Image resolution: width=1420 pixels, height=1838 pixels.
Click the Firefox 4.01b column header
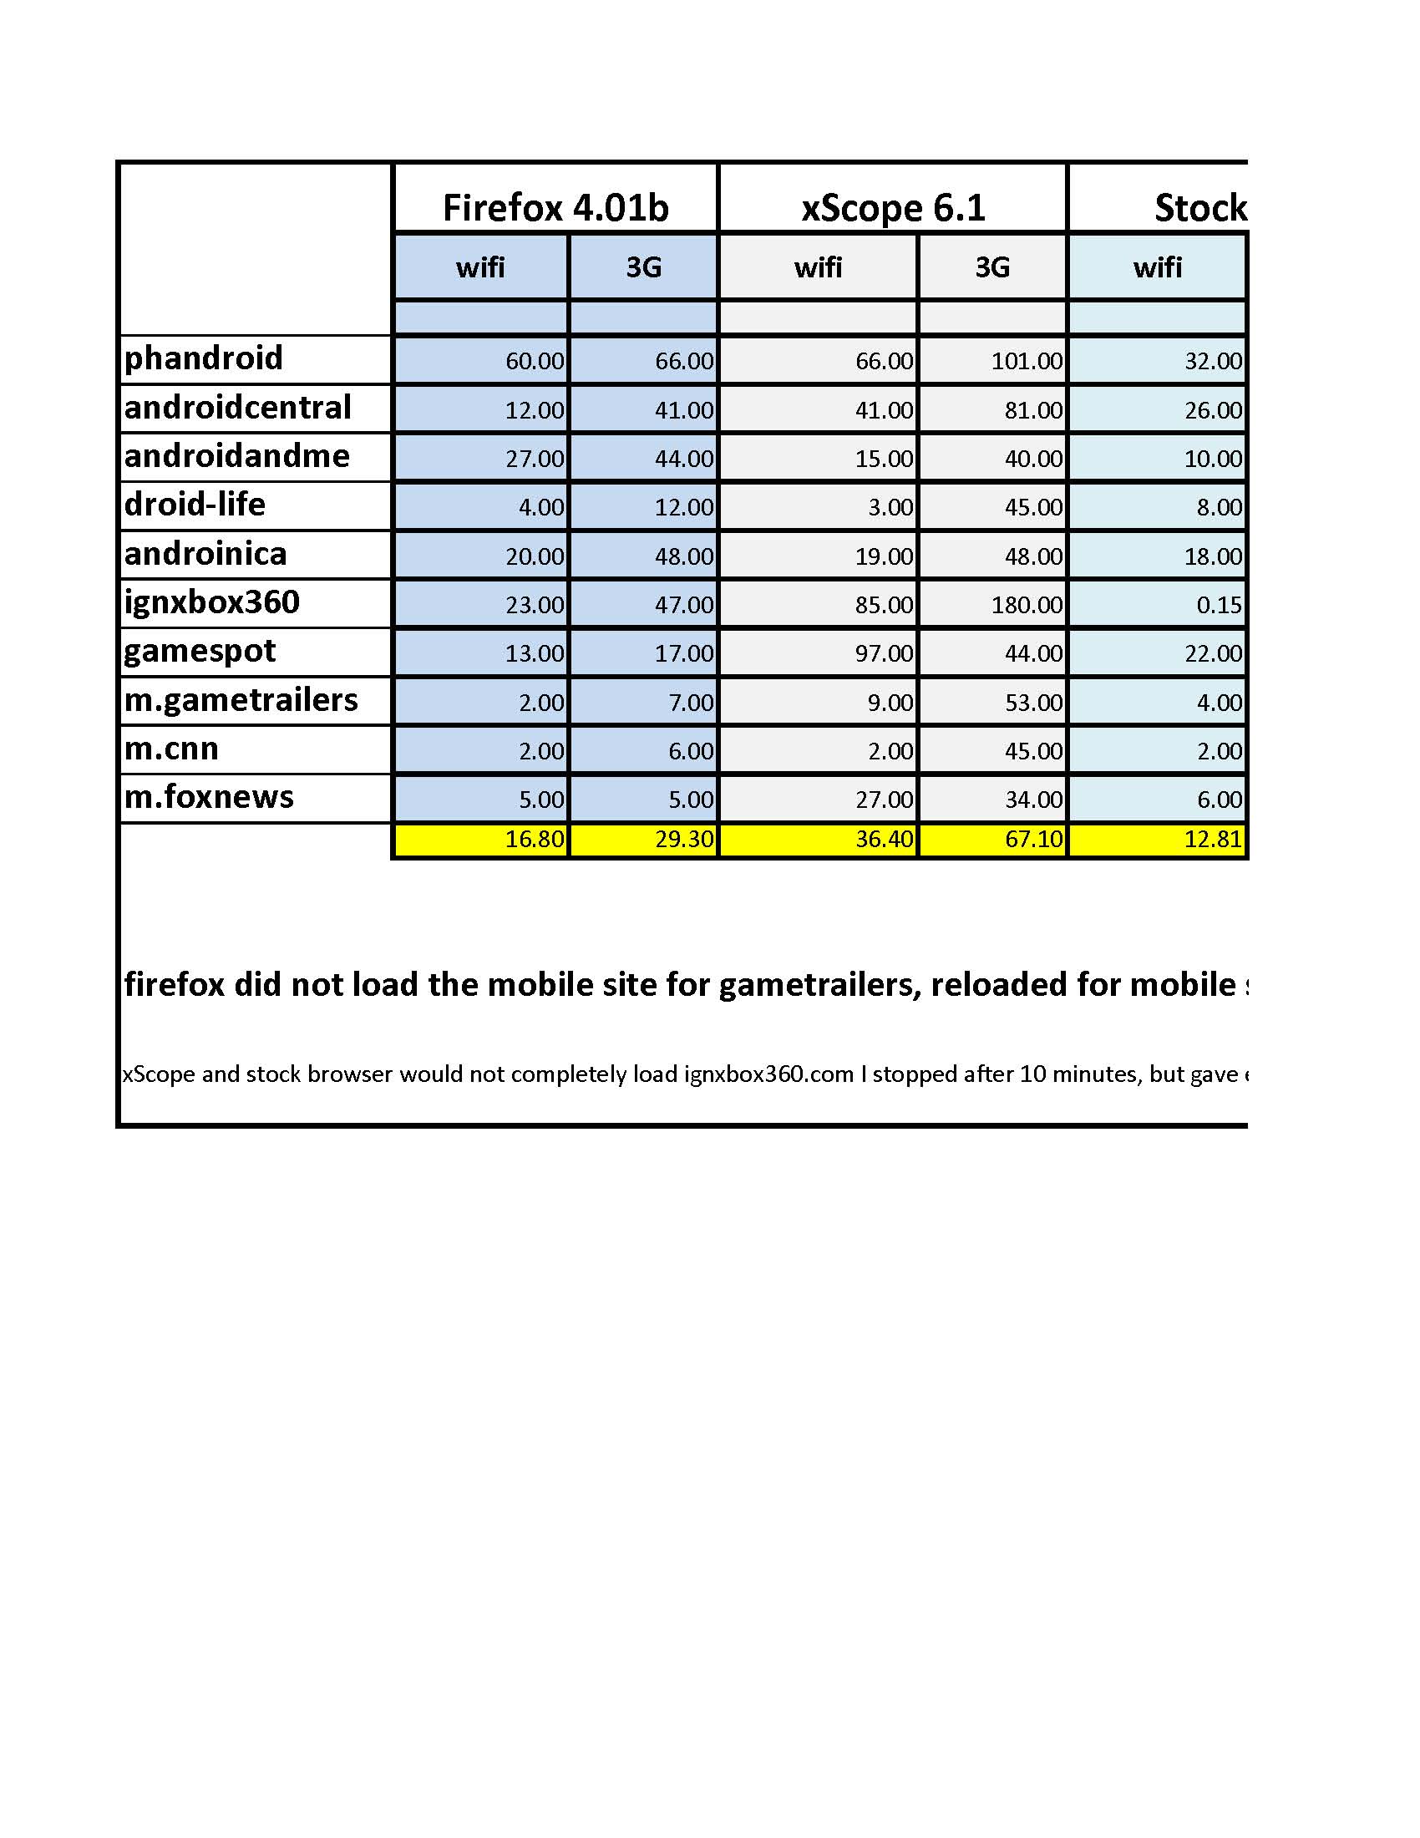click(555, 207)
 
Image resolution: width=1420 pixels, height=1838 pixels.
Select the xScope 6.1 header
click(893, 207)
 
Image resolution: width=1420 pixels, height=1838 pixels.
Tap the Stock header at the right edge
click(1199, 207)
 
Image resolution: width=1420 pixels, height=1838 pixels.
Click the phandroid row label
click(204, 358)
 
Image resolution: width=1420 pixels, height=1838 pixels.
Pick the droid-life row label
click(195, 505)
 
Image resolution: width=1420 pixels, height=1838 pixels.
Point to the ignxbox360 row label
click(211, 602)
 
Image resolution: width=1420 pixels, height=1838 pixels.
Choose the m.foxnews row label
click(209, 797)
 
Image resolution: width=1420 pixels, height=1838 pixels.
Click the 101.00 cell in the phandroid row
click(1027, 361)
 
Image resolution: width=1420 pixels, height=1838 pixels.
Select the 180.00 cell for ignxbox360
click(1027, 605)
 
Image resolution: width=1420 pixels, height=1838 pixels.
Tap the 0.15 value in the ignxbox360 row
click(1219, 605)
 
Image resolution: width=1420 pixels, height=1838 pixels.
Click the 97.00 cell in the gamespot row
click(883, 653)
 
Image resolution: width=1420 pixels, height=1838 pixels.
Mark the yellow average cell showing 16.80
click(535, 839)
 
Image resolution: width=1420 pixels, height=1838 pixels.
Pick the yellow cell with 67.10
click(1034, 839)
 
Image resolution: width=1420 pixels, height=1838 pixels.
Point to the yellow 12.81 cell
click(1212, 839)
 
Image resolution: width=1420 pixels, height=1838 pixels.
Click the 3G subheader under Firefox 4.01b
click(643, 267)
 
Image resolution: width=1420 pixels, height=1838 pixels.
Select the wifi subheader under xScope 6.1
click(818, 267)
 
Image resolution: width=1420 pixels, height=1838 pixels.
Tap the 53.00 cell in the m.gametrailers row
click(1034, 702)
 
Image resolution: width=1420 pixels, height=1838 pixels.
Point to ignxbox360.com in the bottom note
click(768, 1074)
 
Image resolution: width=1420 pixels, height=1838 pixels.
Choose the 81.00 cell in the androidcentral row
click(1034, 410)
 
